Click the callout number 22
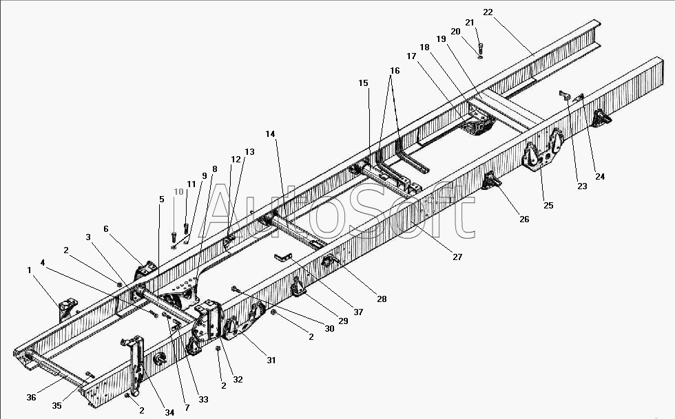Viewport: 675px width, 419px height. click(488, 12)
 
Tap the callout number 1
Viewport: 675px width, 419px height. click(29, 270)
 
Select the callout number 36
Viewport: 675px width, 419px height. click(32, 398)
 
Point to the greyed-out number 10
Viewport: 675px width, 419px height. click(178, 192)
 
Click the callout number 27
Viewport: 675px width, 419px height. click(457, 257)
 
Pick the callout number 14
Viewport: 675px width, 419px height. click(270, 133)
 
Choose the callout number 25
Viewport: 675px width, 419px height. click(548, 205)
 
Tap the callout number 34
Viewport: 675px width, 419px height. click(169, 412)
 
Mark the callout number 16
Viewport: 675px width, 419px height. click(395, 71)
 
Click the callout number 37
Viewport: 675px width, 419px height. click(358, 312)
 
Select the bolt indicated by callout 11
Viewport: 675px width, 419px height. click(186, 228)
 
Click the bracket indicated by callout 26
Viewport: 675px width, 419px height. click(491, 180)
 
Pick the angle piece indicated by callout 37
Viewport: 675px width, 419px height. click(283, 257)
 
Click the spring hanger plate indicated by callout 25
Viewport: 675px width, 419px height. click(543, 150)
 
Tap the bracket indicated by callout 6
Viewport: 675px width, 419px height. click(146, 270)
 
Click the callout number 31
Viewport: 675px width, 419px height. click(271, 360)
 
